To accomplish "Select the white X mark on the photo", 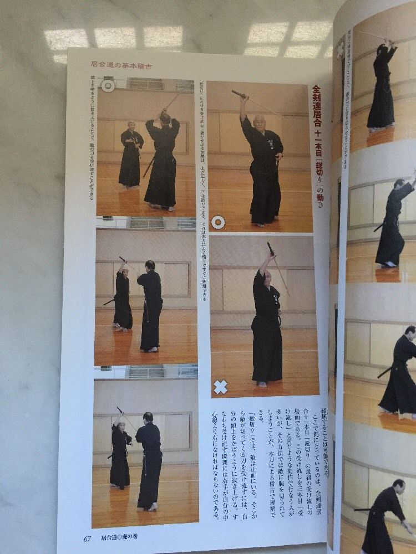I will tap(221, 387).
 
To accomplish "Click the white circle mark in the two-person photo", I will tap(108, 86).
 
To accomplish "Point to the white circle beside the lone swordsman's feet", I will tap(219, 223).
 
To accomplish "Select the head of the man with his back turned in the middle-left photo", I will tap(150, 266).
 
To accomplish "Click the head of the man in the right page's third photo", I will tap(409, 331).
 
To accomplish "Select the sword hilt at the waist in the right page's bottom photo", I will tap(363, 509).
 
